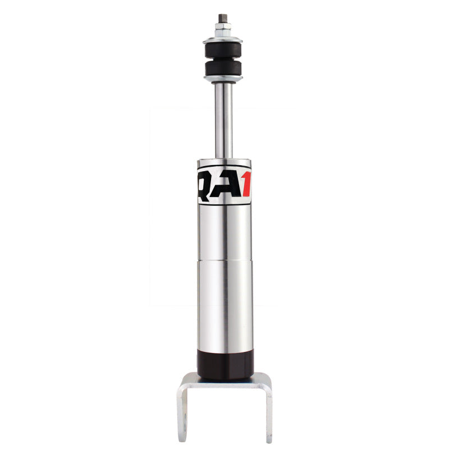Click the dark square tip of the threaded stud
click(223, 19)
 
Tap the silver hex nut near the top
click(223, 28)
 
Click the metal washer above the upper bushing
click(223, 39)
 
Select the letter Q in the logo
click(204, 184)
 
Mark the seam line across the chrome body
click(224, 259)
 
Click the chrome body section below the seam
click(224, 303)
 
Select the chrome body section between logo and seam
click(224, 230)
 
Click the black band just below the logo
click(224, 203)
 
